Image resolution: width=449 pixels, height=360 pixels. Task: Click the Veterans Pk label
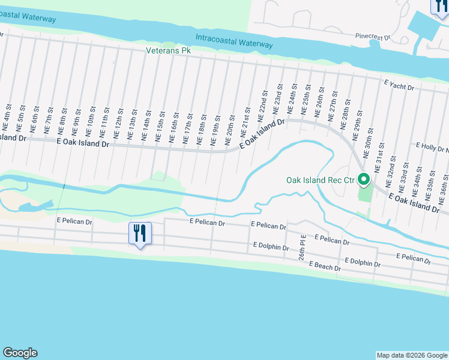pyautogui.click(x=168, y=51)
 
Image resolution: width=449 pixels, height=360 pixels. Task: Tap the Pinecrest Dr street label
pyautogui.click(x=372, y=37)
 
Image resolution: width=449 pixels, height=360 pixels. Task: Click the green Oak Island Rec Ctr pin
pyautogui.click(x=364, y=179)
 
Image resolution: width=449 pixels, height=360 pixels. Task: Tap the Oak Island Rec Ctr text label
pyautogui.click(x=320, y=179)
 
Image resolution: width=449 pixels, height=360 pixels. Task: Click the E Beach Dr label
pyautogui.click(x=325, y=266)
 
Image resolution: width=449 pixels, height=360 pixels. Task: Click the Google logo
pyautogui.click(x=20, y=353)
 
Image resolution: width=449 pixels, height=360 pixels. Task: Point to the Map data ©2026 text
pyautogui.click(x=412, y=355)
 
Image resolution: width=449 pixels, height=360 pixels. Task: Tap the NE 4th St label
pyautogui.click(x=7, y=122)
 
